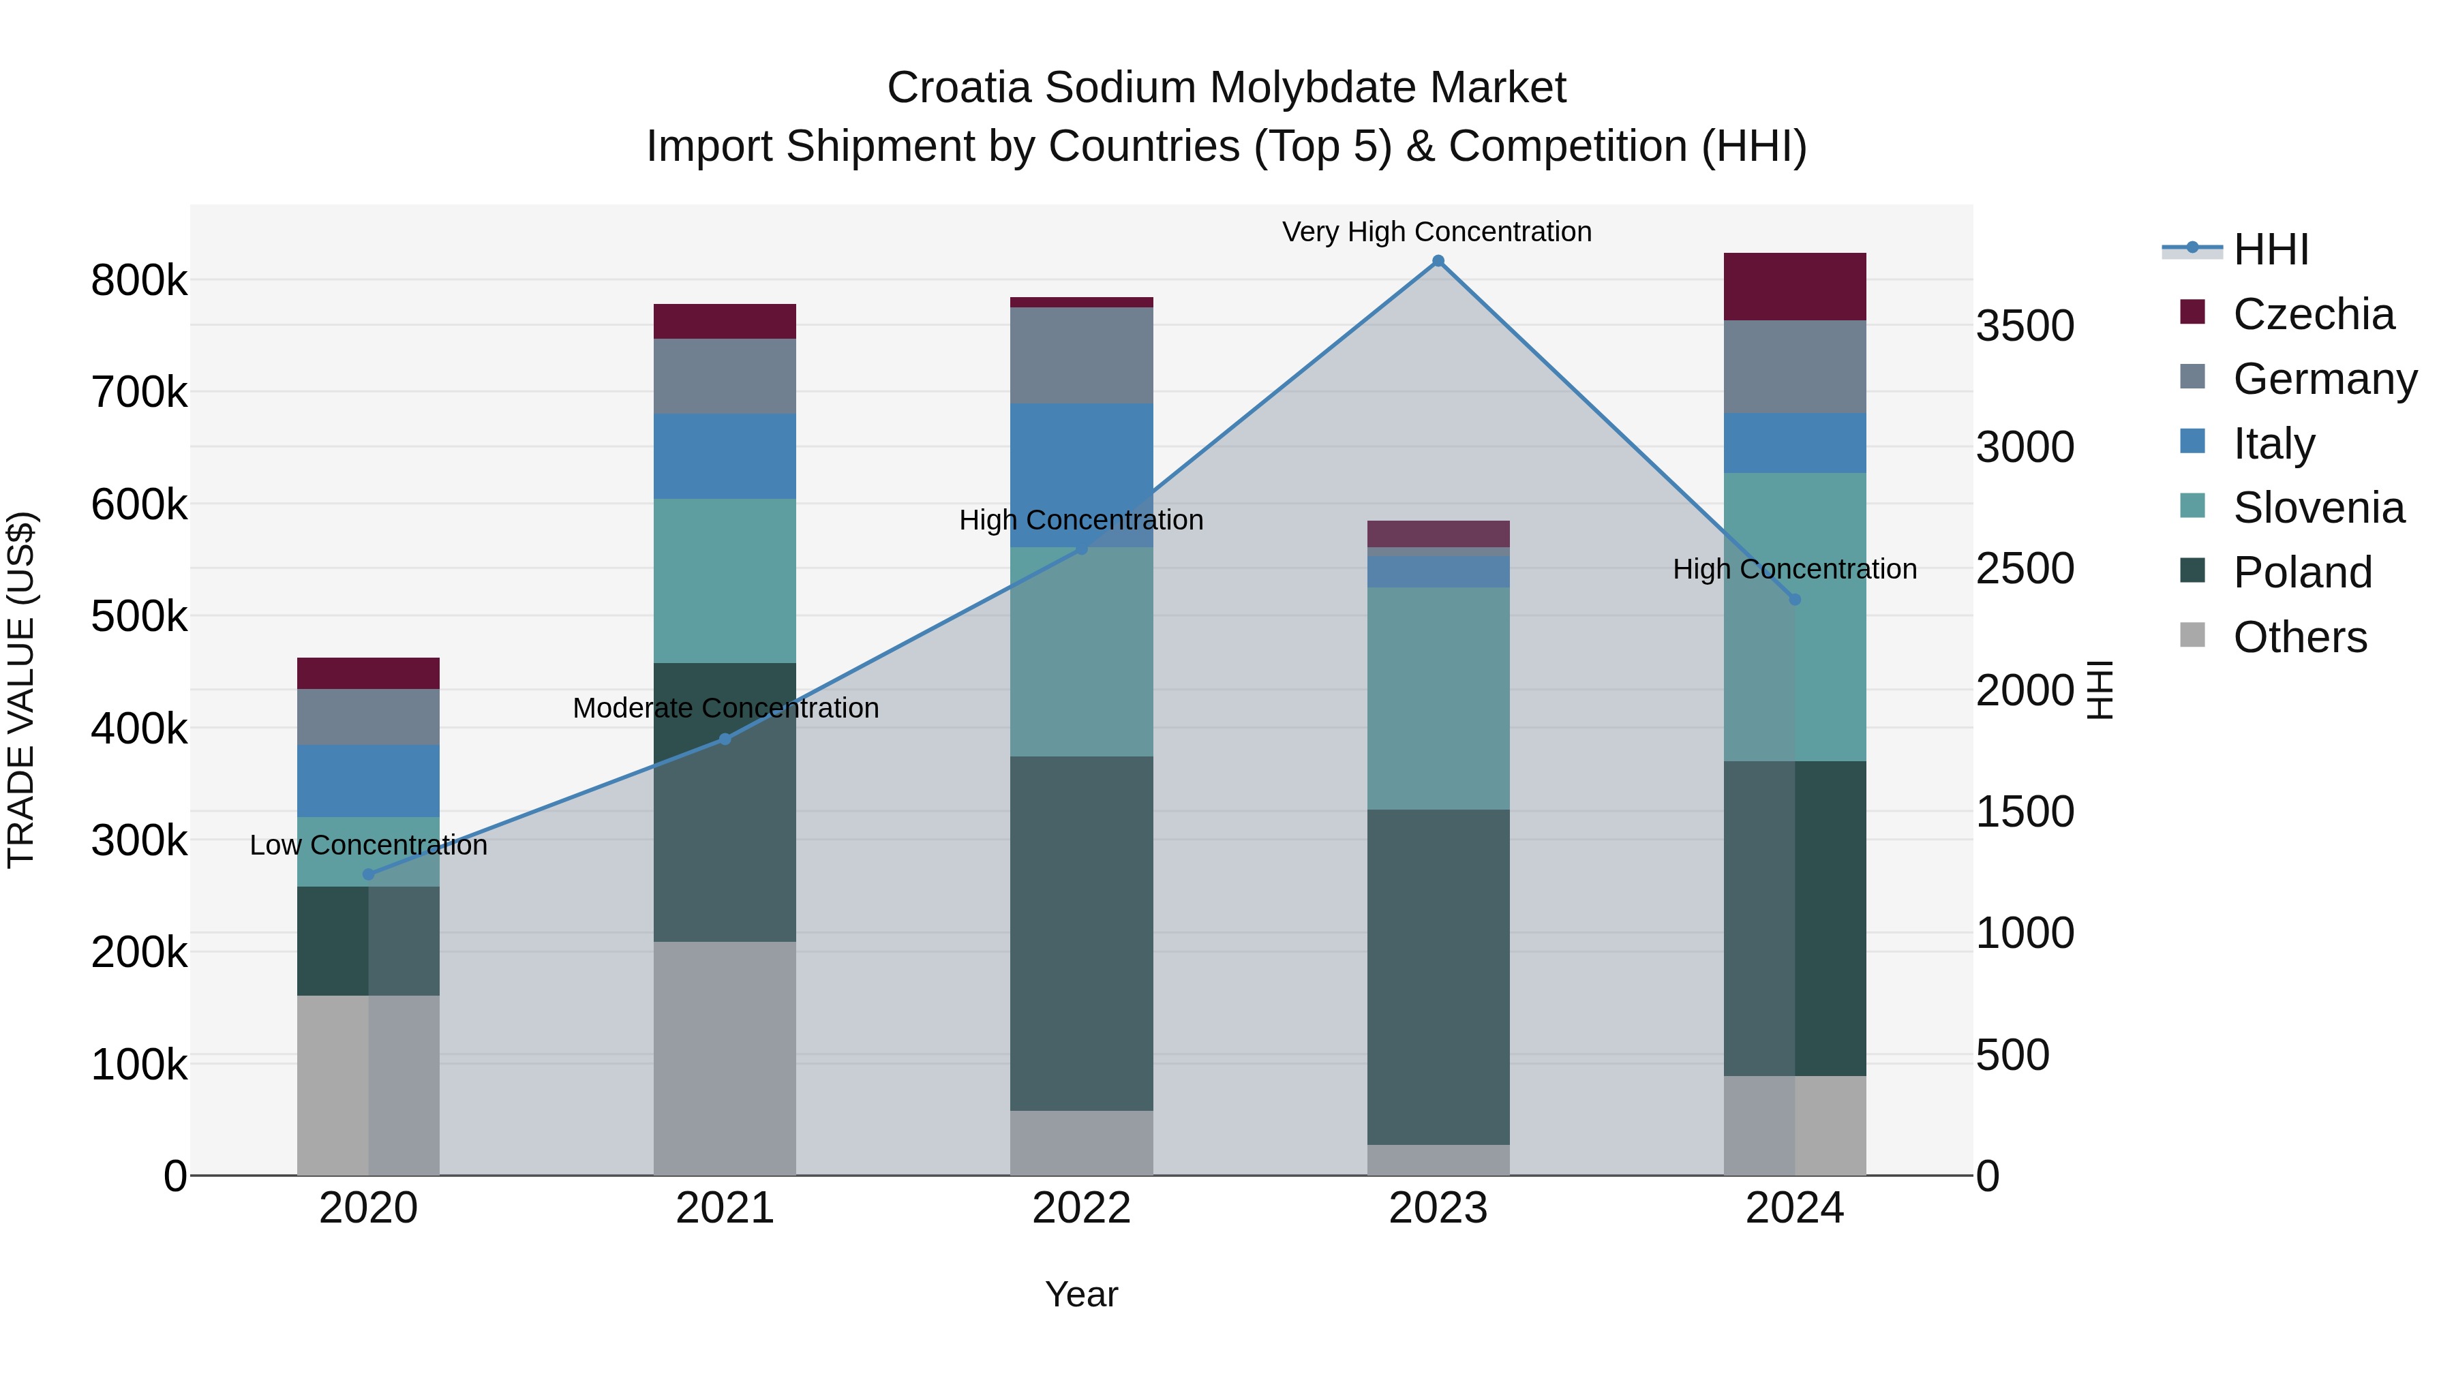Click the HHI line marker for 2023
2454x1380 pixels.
click(1438, 261)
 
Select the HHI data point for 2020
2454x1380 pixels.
click(369, 874)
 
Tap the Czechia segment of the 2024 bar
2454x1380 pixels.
click(1795, 287)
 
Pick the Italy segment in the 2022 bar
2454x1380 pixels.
click(1081, 474)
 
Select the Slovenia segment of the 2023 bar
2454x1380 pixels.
click(1438, 698)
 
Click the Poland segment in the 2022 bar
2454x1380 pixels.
click(1081, 934)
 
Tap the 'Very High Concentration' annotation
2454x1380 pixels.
click(1436, 232)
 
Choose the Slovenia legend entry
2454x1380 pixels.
click(2318, 508)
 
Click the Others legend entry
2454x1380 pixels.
click(2300, 637)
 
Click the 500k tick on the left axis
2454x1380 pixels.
click(139, 616)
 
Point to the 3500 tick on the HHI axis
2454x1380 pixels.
click(2025, 326)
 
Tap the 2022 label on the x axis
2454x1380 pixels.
click(1081, 1208)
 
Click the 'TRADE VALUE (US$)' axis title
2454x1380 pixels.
click(21, 690)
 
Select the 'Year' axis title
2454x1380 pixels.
click(1081, 1294)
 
